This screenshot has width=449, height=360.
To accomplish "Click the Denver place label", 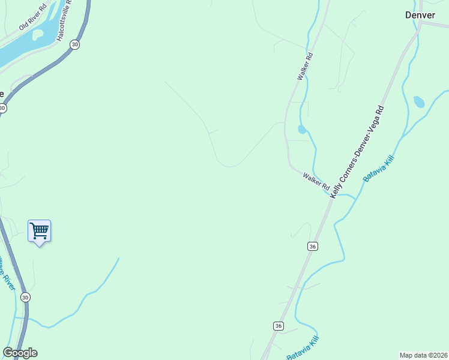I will [420, 15].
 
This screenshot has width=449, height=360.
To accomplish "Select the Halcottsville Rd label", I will [64, 22].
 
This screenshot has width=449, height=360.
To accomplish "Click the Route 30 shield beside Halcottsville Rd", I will [74, 44].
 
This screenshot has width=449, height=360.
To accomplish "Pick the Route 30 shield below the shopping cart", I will [25, 297].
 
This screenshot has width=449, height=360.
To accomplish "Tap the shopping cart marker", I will [39, 230].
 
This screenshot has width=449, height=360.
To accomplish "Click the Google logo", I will [20, 353].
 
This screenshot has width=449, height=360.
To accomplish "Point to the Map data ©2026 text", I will [423, 355].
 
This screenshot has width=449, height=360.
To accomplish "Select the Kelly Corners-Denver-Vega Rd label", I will [358, 149].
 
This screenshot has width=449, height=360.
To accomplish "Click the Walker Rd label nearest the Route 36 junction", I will [316, 182].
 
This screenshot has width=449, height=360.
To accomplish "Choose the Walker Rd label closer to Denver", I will [306, 67].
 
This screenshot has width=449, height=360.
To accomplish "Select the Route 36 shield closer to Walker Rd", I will [312, 246].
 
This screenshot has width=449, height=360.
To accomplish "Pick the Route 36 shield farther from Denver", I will [278, 325].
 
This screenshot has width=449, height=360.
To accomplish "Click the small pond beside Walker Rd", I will [302, 129].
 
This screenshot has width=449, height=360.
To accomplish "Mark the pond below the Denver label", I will [419, 102].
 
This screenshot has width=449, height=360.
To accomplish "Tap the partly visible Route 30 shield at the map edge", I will [2, 108].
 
